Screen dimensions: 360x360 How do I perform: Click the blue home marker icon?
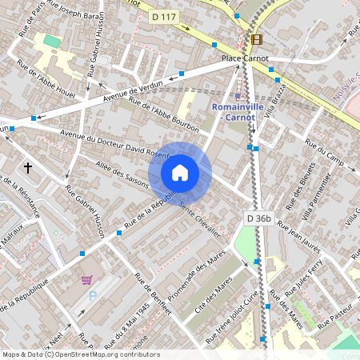pyautogui.click(x=180, y=173)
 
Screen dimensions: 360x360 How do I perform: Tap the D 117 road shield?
pyautogui.click(x=163, y=15)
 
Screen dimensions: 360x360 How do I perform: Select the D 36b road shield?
pyautogui.click(x=258, y=218)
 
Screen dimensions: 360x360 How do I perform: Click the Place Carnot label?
pyautogui.click(x=245, y=58)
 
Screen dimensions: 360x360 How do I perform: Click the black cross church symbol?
pyautogui.click(x=28, y=168)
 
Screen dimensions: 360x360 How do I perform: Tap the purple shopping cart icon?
pyautogui.click(x=86, y=280)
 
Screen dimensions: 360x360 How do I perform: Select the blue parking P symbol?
pyautogui.click(x=92, y=296)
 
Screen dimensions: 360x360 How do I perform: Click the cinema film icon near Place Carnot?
pyautogui.click(x=256, y=39)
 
